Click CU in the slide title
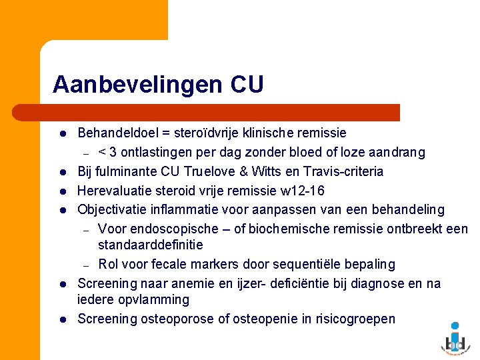pos(247,85)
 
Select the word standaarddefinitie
pos(150,245)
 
